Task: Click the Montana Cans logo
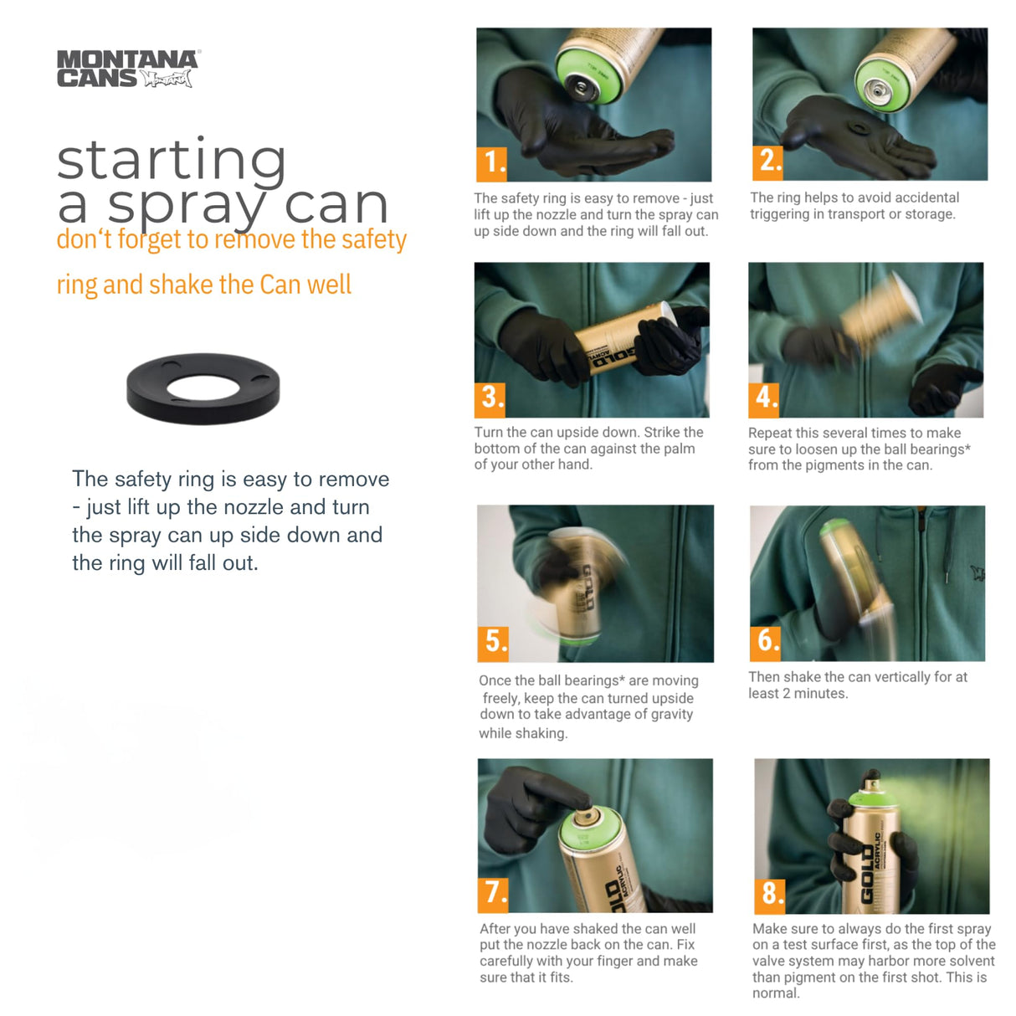coord(129,69)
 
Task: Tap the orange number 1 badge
coord(491,163)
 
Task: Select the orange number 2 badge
coord(767,163)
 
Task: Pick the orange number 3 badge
coord(490,400)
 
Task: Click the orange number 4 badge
coord(764,400)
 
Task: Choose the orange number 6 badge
coord(765,644)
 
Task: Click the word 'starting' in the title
coord(172,161)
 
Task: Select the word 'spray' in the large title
coord(187,208)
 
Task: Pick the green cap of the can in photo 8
coord(873,798)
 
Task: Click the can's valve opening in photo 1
coord(581,88)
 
